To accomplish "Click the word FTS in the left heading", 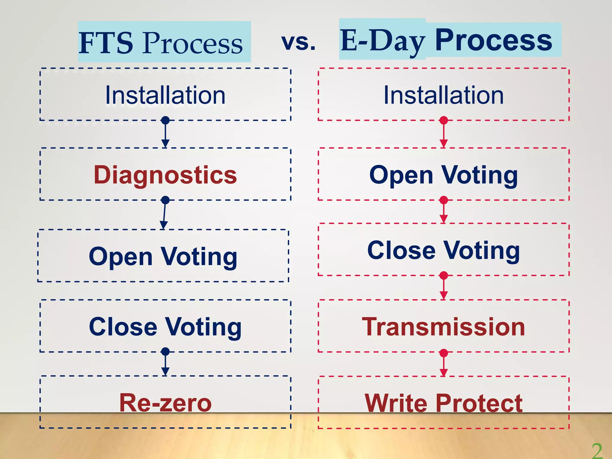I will coord(106,43).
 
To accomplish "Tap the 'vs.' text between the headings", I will coord(298,42).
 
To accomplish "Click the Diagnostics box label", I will coord(165,175).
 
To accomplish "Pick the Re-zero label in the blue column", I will coord(165,403).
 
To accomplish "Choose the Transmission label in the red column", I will coord(443,327).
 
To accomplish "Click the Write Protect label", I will coord(443,403).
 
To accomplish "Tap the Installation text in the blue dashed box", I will coord(165,95).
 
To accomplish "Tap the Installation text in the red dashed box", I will coord(443,95).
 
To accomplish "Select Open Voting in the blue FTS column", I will coord(163,257).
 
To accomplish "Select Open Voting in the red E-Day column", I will coord(443,175).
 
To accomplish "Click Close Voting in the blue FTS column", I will coord(165,327).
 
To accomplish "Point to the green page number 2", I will coord(597,451).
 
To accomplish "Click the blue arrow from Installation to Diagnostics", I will coord(165,134).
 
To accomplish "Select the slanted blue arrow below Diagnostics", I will coord(164,214).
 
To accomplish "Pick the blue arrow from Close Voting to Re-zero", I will coord(165,363).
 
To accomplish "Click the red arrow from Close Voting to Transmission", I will coord(444,287).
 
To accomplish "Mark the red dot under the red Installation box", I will coord(444,120).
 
